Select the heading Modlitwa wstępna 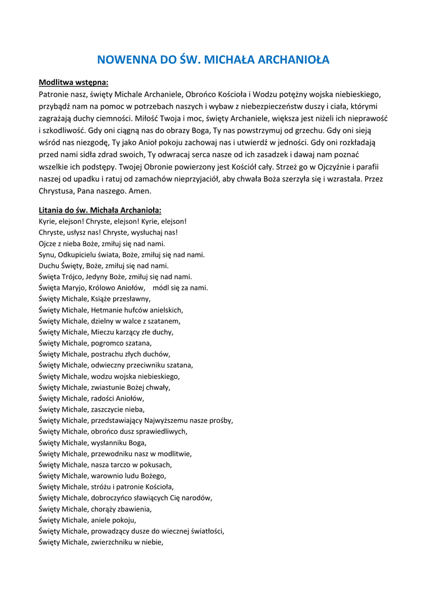pos(74,82)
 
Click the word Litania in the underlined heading pos(52,210)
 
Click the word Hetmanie pos(108,310)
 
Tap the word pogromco pos(108,343)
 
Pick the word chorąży pos(104,509)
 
